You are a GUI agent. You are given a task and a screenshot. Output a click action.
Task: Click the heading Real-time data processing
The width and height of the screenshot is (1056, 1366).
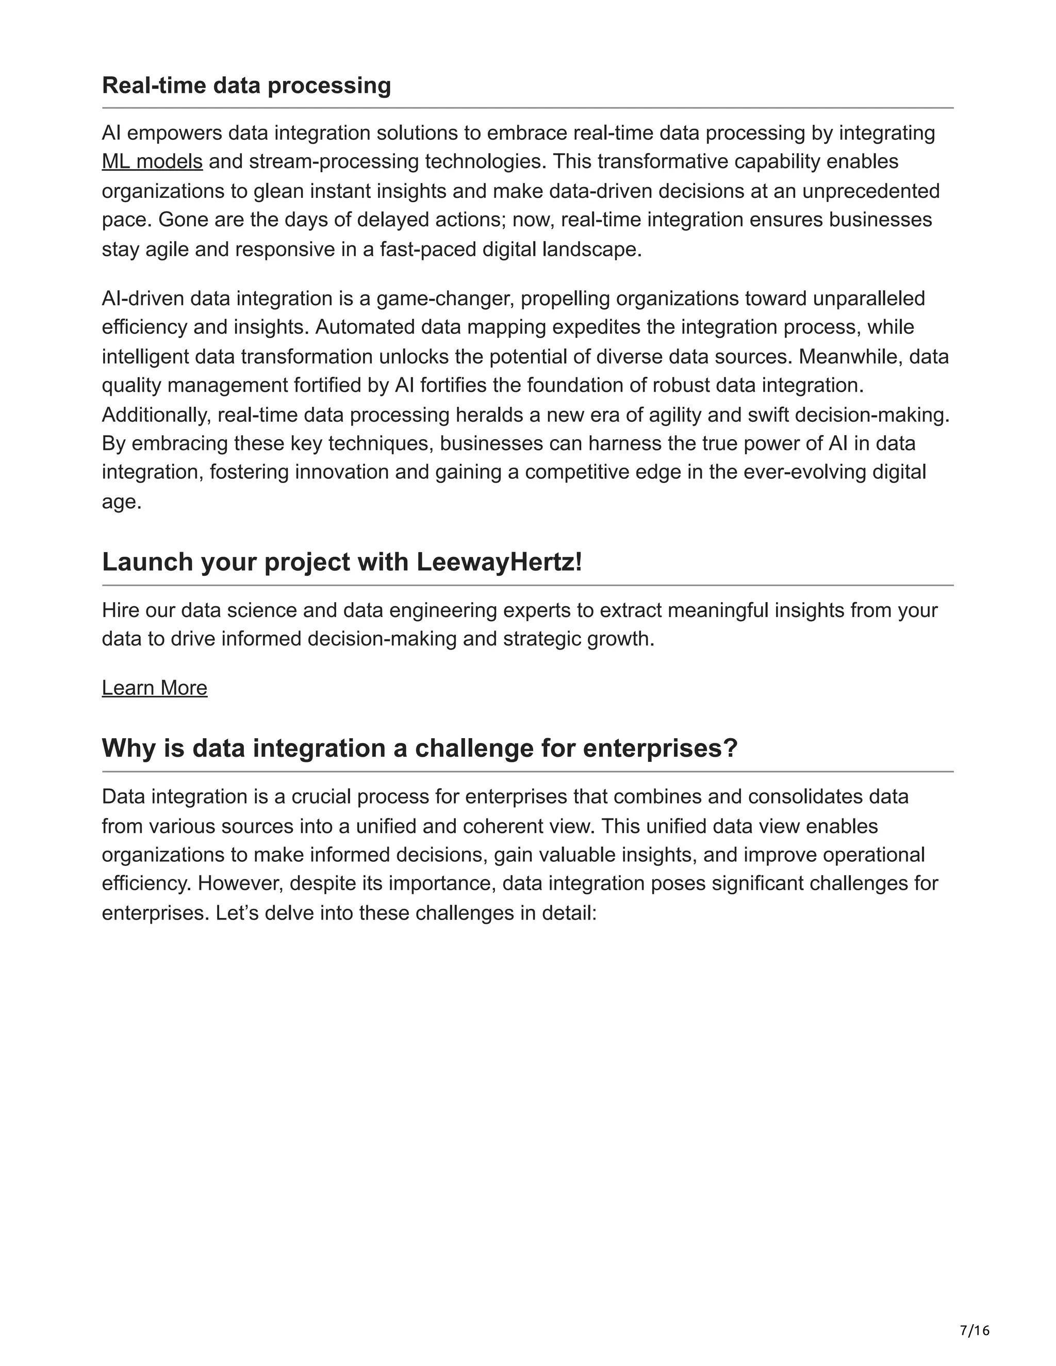(246, 85)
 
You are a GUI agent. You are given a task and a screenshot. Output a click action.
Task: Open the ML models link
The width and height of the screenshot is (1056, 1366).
(152, 161)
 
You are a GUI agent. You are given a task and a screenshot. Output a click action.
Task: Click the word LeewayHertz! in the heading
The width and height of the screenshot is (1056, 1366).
(499, 562)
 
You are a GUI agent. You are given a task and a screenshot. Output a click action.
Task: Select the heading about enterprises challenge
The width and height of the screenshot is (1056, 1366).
(420, 748)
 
